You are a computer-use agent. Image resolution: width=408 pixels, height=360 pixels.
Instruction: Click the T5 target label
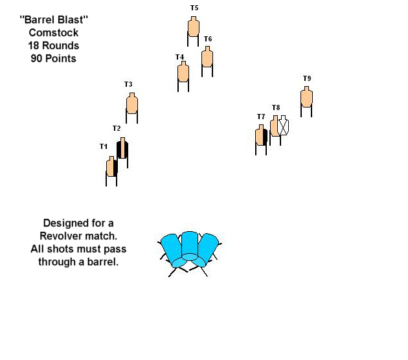point(194,8)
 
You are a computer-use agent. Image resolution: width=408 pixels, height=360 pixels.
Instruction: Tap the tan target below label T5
point(194,27)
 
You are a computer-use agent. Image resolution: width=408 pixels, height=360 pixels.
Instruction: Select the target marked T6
point(207,57)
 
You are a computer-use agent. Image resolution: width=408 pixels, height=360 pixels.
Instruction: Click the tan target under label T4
point(183,71)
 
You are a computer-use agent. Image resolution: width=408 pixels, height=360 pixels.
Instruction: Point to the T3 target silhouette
point(132,103)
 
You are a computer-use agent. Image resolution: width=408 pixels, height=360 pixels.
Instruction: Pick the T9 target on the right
point(306,96)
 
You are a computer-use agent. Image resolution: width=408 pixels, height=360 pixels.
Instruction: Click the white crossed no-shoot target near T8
point(283,126)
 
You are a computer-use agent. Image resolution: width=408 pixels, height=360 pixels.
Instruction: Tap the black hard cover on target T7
point(265,137)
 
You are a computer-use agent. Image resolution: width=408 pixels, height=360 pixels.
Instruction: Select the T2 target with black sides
point(122,148)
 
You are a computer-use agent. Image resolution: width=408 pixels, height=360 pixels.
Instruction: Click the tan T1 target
point(111,166)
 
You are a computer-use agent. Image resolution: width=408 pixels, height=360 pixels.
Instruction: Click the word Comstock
point(54,33)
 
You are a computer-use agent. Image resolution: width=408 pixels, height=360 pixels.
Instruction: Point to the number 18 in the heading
point(34,45)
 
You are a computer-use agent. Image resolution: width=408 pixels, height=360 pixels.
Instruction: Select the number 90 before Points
point(36,58)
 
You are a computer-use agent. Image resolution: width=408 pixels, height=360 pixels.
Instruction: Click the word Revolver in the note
point(61,236)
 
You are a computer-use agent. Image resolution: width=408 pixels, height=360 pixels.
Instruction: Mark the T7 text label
point(261,117)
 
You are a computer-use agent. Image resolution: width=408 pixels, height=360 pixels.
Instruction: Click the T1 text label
point(104,146)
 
